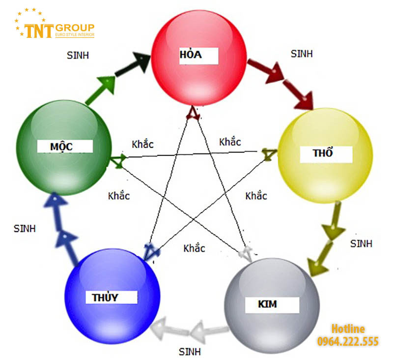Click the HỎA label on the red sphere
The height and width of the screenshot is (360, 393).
[x=191, y=55]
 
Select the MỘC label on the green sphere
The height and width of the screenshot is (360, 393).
[x=61, y=147]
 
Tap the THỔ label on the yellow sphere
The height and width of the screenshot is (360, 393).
[x=323, y=153]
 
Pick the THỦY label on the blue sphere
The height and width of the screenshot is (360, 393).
[x=105, y=298]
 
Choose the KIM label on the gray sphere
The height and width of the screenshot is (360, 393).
[x=267, y=304]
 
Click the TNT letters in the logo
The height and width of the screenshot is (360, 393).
[x=39, y=31]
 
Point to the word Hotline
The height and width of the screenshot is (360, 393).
[x=348, y=329]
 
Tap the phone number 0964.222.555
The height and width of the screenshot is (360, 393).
[x=348, y=341]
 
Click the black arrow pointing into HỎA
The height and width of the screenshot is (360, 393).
[x=133, y=63]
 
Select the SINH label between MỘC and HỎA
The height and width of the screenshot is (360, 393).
[x=78, y=56]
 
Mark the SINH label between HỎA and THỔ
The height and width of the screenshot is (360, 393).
[x=302, y=54]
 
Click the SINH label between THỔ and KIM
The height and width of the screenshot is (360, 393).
[x=361, y=243]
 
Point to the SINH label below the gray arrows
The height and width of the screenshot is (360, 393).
[x=190, y=352]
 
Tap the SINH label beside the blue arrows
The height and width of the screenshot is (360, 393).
[x=25, y=229]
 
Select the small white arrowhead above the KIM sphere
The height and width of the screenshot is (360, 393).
[x=246, y=253]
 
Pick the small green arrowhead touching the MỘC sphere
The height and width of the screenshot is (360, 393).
[x=118, y=160]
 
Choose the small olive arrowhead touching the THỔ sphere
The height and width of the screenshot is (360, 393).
[x=269, y=154]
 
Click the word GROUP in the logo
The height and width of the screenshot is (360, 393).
[x=75, y=28]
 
